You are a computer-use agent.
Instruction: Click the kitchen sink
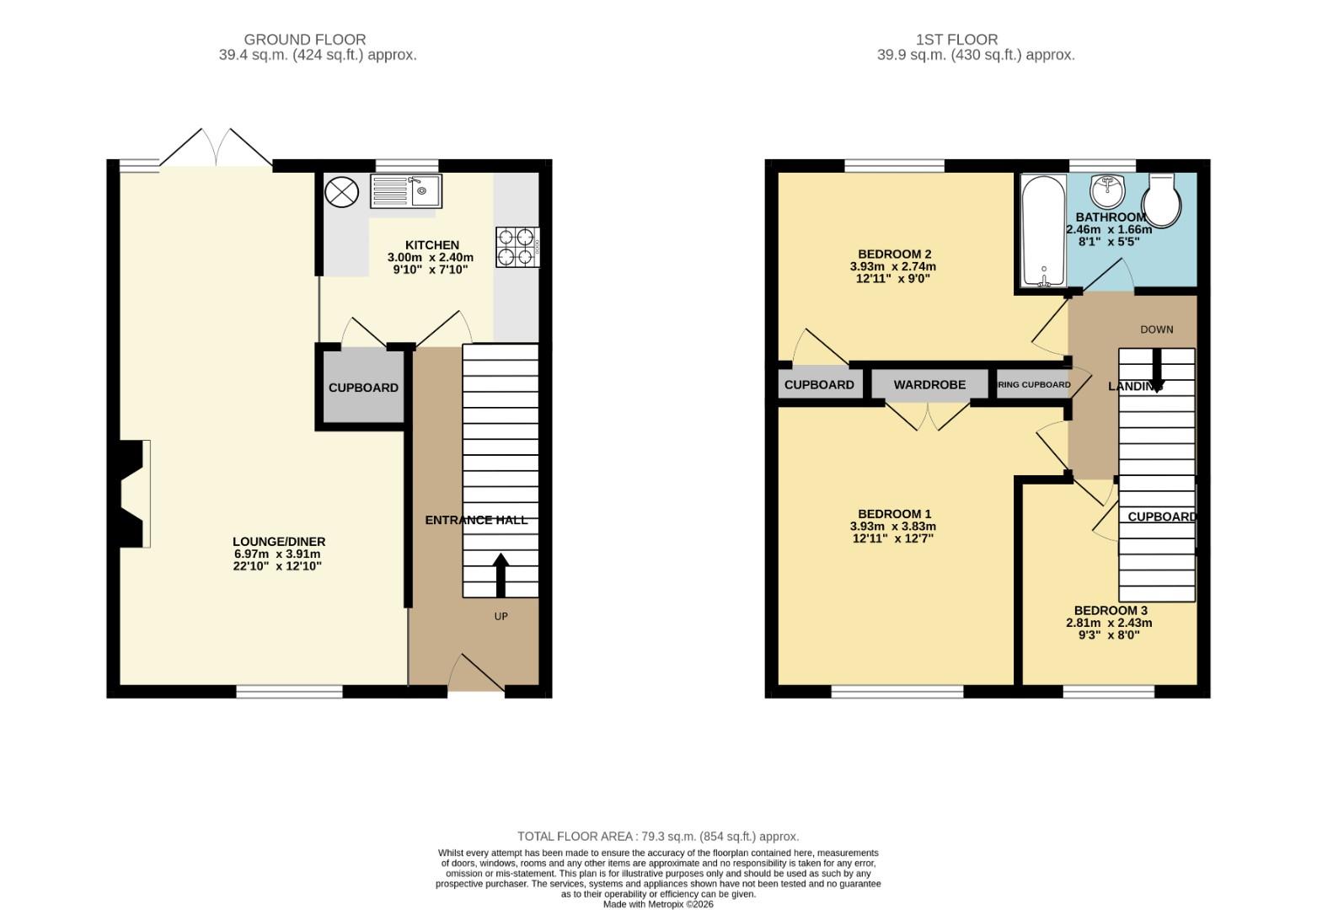pyautogui.click(x=405, y=191)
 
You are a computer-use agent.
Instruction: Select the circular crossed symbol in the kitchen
pyautogui.click(x=341, y=191)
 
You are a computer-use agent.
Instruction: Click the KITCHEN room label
pyautogui.click(x=432, y=245)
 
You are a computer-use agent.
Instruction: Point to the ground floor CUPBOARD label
pyautogui.click(x=363, y=388)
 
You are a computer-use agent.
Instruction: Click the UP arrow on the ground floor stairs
pyautogui.click(x=501, y=575)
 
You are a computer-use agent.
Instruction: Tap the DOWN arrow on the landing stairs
pyautogui.click(x=1157, y=369)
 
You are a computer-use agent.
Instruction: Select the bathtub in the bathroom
pyautogui.click(x=1043, y=231)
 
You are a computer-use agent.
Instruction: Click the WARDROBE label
pyautogui.click(x=929, y=385)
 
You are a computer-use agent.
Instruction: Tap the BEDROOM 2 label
pyautogui.click(x=894, y=254)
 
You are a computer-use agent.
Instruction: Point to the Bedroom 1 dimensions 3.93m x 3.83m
pyautogui.click(x=893, y=527)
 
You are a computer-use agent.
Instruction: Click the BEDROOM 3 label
pyautogui.click(x=1110, y=611)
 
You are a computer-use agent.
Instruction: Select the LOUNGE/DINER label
pyautogui.click(x=279, y=542)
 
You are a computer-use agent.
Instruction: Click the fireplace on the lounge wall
pyautogui.click(x=133, y=495)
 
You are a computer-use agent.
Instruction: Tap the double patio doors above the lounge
pyautogui.click(x=217, y=148)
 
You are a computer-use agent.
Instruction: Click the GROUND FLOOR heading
pyautogui.click(x=304, y=40)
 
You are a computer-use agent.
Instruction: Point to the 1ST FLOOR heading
pyautogui.click(x=956, y=40)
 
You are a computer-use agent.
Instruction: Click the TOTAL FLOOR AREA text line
pyautogui.click(x=658, y=837)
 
